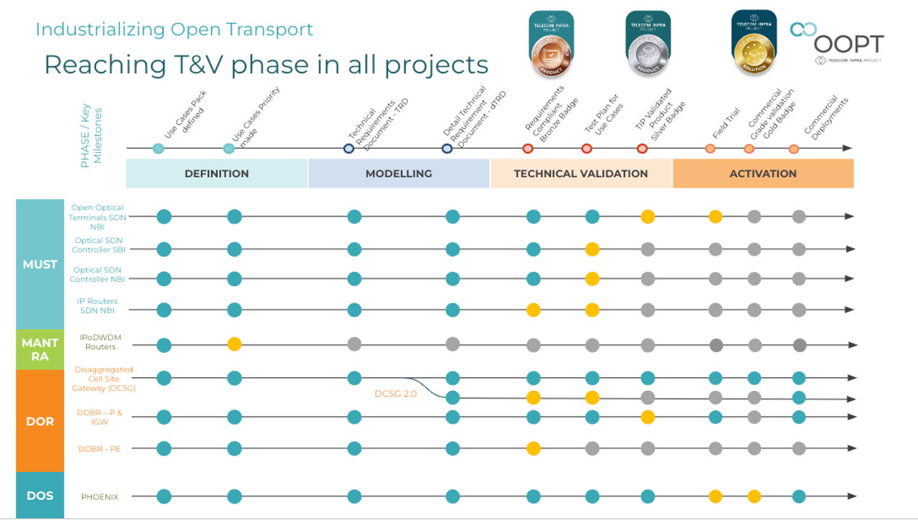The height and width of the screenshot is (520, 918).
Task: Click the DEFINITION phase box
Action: point(217,174)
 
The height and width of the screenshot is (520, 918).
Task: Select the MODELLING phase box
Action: point(399,174)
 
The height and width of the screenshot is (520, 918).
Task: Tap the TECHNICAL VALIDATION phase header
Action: point(581,174)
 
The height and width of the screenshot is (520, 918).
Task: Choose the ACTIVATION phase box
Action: point(762,174)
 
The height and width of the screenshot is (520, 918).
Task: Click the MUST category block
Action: point(40,264)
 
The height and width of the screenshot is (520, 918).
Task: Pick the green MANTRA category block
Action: point(40,349)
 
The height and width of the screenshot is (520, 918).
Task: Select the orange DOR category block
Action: point(40,421)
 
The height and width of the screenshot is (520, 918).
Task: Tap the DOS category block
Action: point(40,495)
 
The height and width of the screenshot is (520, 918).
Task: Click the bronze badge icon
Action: point(551,44)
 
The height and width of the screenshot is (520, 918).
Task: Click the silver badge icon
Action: point(648,44)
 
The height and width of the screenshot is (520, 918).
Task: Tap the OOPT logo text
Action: point(848,44)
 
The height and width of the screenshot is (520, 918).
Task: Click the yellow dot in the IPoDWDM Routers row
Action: point(235,344)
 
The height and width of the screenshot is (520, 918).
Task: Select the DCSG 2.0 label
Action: point(395,394)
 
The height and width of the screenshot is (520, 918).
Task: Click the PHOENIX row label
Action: point(100,496)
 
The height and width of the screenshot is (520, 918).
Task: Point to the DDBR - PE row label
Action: point(100,449)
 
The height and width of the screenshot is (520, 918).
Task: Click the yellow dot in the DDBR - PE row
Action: point(533,449)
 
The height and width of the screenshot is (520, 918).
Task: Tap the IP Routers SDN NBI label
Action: point(97,306)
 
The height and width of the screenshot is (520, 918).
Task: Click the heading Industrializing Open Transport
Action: point(174,29)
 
